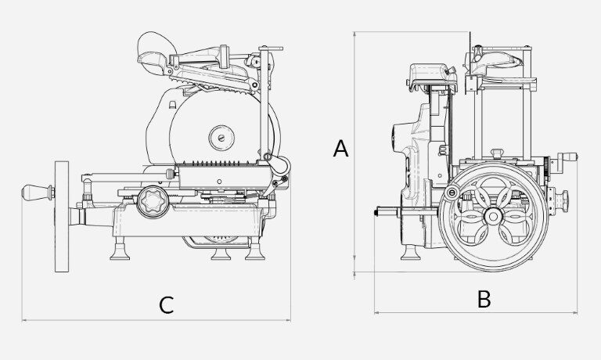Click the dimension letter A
[340, 149]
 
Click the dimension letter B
[484, 299]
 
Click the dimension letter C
[167, 305]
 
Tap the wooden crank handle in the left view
[38, 193]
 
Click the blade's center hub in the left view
[221, 137]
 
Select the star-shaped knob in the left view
[153, 202]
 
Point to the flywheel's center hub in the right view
[493, 217]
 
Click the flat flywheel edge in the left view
[62, 217]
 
